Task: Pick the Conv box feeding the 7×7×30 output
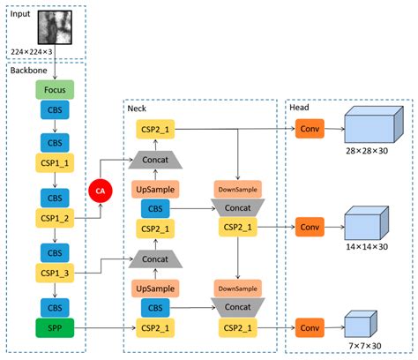pyautogui.click(x=310, y=328)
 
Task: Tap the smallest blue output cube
pyautogui.click(x=357, y=324)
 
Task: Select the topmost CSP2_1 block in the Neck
pyautogui.click(x=156, y=130)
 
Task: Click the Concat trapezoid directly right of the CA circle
pyautogui.click(x=156, y=161)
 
